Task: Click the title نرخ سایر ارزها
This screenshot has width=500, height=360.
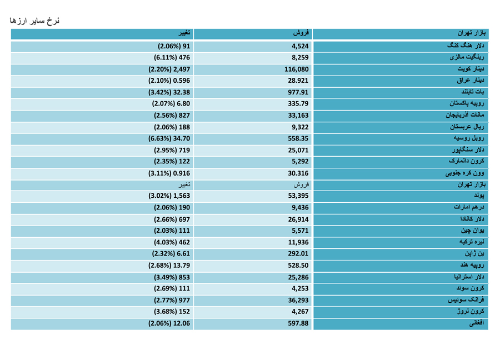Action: (x=34, y=21)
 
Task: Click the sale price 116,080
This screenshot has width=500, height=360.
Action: (x=297, y=69)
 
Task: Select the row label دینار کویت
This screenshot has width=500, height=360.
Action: (x=471, y=68)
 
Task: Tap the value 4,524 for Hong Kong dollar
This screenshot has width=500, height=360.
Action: (x=300, y=46)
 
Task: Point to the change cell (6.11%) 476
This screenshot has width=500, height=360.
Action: (x=172, y=57)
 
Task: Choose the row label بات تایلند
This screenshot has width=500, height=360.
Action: (x=473, y=92)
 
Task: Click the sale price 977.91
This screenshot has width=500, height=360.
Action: (x=298, y=92)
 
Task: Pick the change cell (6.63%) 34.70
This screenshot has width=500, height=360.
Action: (x=169, y=138)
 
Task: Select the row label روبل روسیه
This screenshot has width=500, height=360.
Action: (x=469, y=138)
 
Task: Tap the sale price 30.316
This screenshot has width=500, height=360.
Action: (x=298, y=173)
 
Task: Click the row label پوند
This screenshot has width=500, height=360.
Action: (x=479, y=195)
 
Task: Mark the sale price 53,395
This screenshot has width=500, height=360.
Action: (x=298, y=196)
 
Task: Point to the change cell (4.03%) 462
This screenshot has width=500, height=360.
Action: (x=172, y=242)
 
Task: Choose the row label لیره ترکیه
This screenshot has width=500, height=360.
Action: (x=472, y=242)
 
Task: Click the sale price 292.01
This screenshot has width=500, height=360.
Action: (x=298, y=254)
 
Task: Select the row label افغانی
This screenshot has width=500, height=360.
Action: (x=477, y=323)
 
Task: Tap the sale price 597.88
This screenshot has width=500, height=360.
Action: (x=298, y=323)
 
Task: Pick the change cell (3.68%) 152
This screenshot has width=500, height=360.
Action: (x=172, y=312)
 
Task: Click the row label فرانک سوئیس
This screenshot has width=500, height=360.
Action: (x=466, y=299)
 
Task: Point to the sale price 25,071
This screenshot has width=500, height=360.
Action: (x=298, y=150)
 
